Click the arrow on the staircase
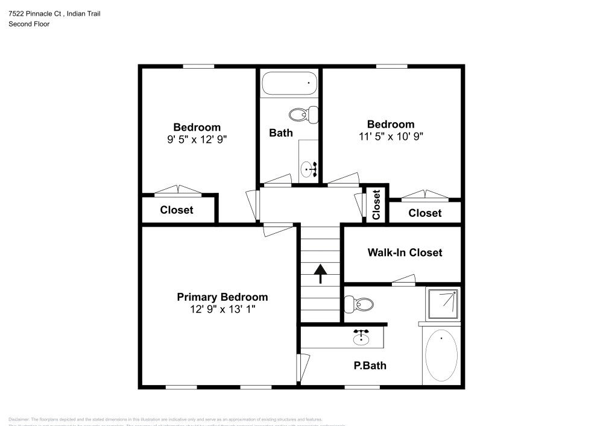[320, 274]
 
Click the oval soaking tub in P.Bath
[441, 356]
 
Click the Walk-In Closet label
[405, 252]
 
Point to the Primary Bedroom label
[222, 297]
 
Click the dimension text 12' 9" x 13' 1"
[222, 309]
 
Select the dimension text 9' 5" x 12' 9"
[197, 139]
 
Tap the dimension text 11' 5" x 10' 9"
[391, 136]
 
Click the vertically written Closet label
[377, 205]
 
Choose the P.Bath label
[370, 365]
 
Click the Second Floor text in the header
[29, 24]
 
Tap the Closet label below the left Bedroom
[177, 210]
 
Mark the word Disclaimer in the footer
[19, 419]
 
